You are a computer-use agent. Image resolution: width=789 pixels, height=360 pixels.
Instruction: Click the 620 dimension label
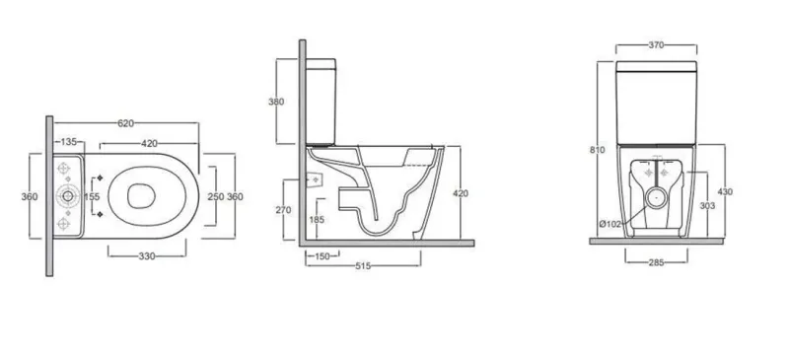[126, 123]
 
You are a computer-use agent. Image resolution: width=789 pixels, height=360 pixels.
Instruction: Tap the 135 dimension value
[68, 142]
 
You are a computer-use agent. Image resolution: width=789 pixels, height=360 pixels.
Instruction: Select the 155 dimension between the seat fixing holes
[92, 197]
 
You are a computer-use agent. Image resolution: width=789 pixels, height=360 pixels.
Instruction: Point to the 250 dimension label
[216, 197]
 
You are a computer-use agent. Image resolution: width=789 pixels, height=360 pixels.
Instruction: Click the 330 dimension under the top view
[147, 256]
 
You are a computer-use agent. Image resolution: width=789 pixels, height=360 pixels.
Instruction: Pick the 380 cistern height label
[276, 102]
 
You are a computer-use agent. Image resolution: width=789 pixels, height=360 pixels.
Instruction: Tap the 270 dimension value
[283, 210]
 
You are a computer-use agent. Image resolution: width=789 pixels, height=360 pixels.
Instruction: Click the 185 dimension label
[317, 220]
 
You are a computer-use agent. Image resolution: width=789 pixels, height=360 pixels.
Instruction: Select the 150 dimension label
[323, 256]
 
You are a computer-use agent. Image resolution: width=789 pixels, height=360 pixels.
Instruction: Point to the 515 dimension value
[363, 266]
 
